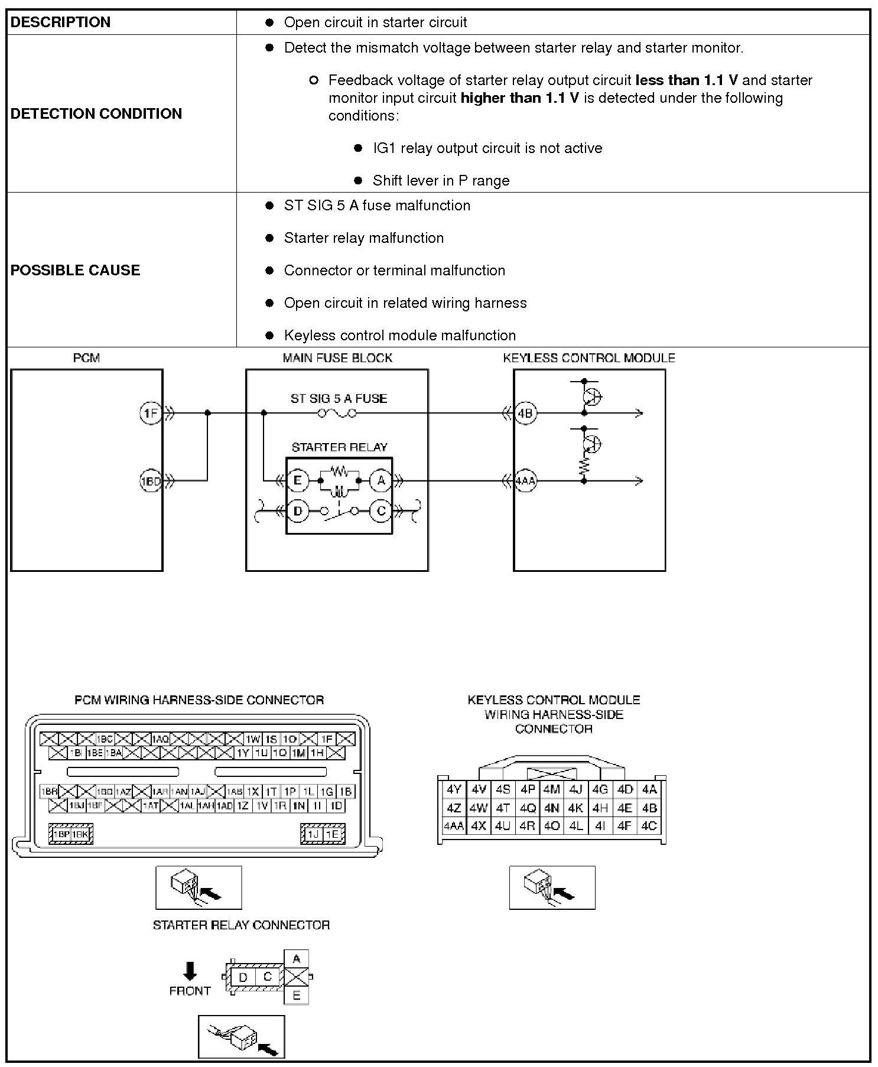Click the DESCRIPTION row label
point(60,22)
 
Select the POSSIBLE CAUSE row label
point(75,270)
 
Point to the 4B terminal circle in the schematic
point(525,413)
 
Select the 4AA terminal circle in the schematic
point(525,481)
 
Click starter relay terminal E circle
point(298,481)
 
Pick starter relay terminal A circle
point(381,481)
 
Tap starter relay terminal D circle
point(298,511)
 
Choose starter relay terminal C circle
point(381,511)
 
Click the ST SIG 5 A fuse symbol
point(337,413)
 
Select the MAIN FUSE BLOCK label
point(337,358)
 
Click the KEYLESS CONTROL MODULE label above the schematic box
point(588,358)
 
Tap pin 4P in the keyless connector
point(528,789)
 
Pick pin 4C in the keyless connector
point(649,825)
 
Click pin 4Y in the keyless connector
point(454,789)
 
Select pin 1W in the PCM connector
point(253,739)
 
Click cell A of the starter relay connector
point(297,958)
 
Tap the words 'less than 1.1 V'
point(687,80)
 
